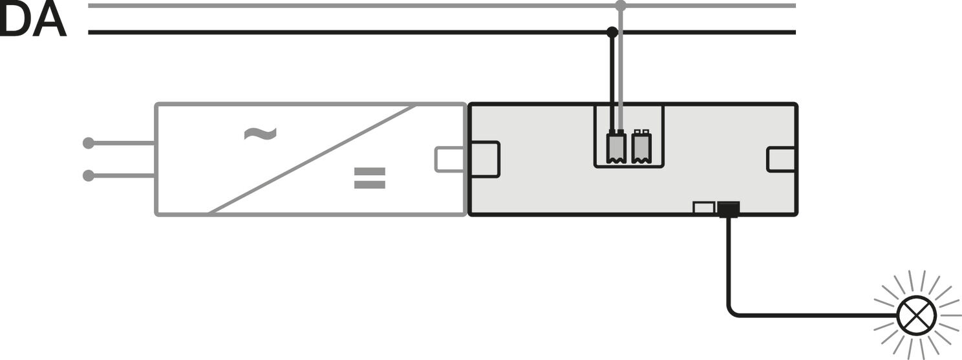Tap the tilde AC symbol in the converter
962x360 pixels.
click(261, 134)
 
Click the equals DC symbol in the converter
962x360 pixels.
click(369, 178)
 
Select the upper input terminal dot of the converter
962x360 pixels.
click(88, 143)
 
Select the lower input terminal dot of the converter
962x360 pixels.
click(88, 175)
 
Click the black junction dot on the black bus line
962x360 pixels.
click(612, 32)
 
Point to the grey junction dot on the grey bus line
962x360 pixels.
click(620, 6)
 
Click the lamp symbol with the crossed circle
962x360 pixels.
click(917, 316)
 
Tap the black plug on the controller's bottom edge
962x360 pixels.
click(729, 209)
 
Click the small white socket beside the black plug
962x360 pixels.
click(703, 207)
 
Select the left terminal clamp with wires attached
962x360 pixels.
click(616, 147)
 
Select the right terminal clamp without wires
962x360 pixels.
click(641, 147)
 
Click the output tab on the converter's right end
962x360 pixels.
click(450, 160)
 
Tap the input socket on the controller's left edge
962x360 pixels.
click(485, 160)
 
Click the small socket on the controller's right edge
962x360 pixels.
click(781, 160)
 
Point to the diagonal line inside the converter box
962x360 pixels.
click(312, 159)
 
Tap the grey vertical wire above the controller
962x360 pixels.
click(620, 68)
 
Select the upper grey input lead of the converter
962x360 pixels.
click(122, 143)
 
